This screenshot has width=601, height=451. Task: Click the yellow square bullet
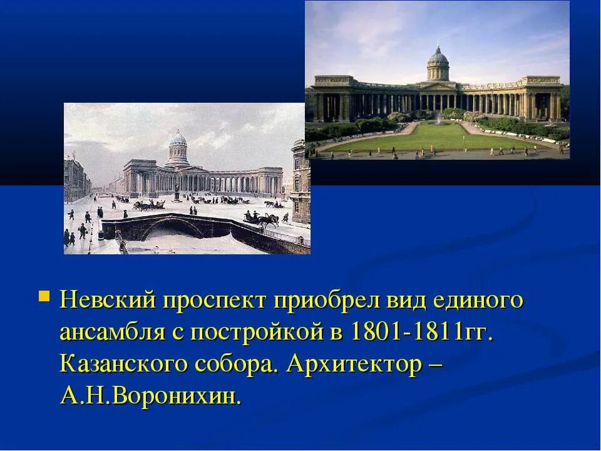[44, 294]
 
